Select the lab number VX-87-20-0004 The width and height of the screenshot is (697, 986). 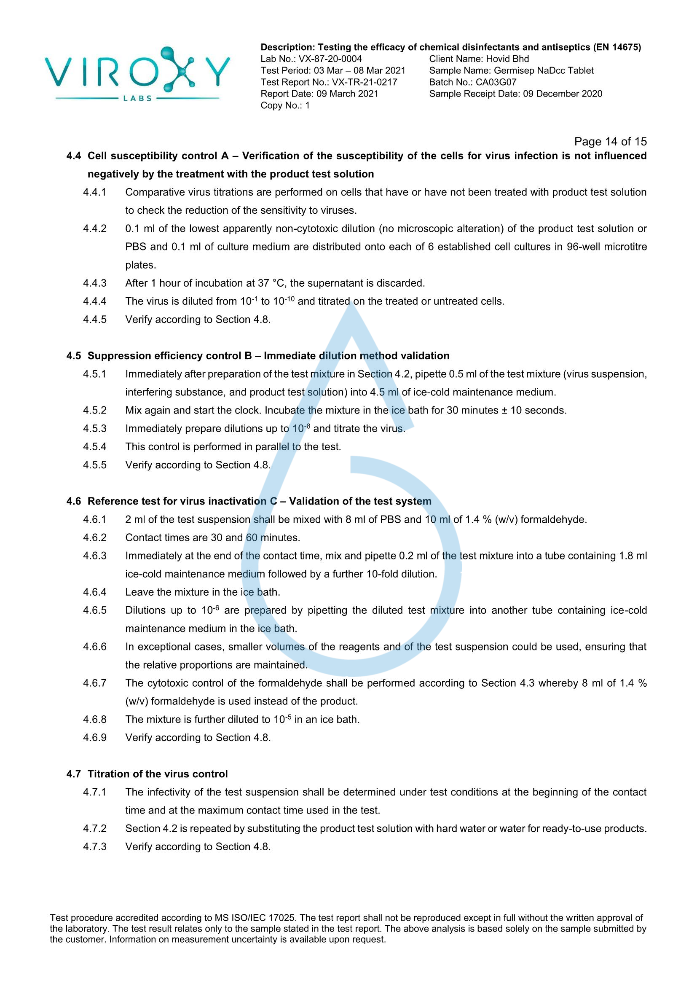330,59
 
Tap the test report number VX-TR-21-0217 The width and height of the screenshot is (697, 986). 365,82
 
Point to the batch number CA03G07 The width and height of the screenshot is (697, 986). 496,82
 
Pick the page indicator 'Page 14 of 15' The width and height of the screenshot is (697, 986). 610,141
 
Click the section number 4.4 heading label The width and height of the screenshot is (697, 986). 73,156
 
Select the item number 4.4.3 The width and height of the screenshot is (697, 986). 94,283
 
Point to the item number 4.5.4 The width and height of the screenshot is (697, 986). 94,446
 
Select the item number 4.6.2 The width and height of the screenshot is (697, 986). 94,537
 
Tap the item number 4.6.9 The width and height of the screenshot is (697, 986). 94,737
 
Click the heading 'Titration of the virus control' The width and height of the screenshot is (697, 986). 158,774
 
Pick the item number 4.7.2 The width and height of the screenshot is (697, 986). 94,828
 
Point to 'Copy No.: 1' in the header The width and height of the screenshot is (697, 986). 285,105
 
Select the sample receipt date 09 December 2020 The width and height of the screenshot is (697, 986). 562,94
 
